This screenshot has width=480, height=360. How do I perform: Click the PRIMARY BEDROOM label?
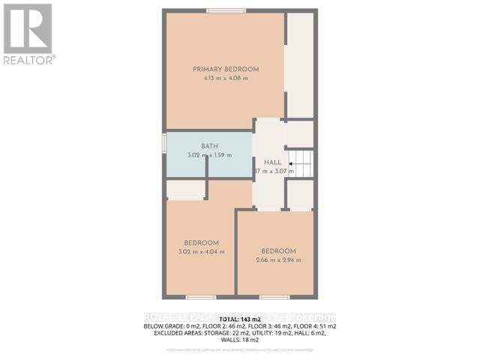coord(226,69)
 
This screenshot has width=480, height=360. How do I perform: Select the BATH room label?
coord(209,146)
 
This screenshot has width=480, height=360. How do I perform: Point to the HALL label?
coord(271,162)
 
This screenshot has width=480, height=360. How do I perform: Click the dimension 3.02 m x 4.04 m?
coord(200,252)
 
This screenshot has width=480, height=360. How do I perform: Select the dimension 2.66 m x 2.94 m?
coord(278,260)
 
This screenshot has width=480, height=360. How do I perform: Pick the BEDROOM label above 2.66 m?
coord(278,251)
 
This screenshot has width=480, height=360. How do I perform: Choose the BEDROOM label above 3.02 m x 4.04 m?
coord(201,243)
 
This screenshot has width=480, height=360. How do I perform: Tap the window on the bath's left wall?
coord(164,144)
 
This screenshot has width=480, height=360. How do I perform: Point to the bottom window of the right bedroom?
coord(274,297)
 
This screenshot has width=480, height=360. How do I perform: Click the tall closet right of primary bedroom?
coord(300,65)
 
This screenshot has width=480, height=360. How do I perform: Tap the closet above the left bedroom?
coord(184,190)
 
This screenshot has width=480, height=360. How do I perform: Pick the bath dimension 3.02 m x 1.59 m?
coord(209,155)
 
